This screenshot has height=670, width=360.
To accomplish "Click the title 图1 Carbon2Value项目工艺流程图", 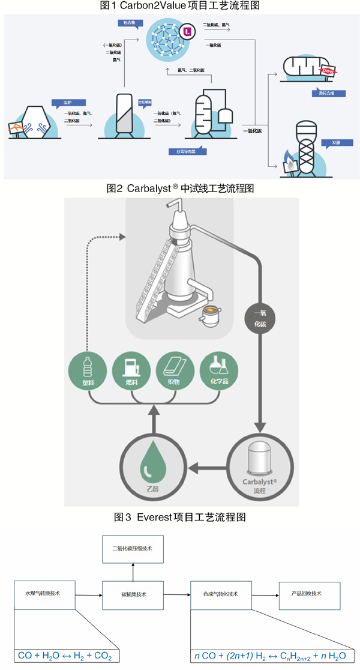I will click(x=180, y=5).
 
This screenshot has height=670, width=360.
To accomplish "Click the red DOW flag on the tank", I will click(x=328, y=70).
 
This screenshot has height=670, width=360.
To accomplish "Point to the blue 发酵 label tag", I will click(x=329, y=143).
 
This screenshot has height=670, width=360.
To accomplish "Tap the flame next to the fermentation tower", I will click(x=290, y=160).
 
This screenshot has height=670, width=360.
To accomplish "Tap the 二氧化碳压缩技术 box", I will click(x=133, y=548).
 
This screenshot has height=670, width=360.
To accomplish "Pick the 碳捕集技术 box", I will click(x=133, y=594).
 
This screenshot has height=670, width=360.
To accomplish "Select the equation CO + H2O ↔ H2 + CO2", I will click(x=67, y=656).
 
